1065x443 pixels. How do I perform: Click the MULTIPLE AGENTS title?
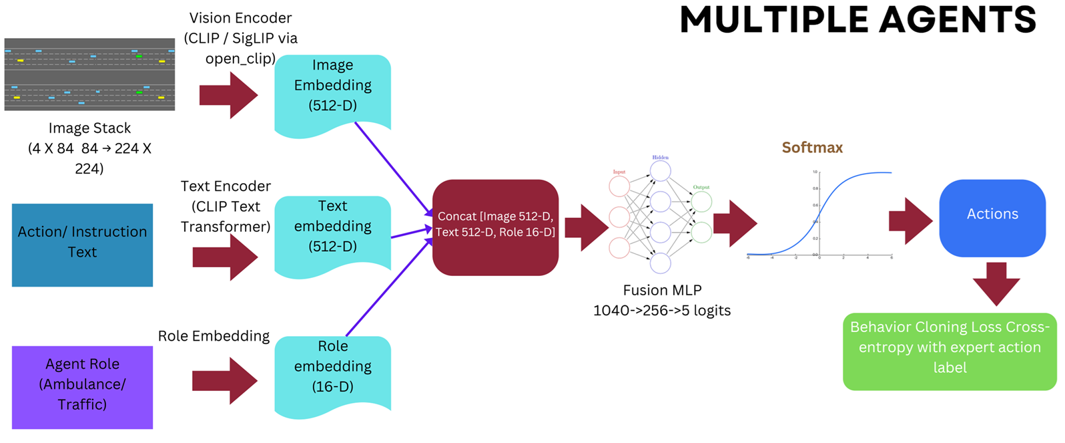857,19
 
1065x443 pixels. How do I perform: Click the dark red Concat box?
495,227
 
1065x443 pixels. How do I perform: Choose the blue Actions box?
992,216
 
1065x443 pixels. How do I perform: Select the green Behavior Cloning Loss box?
949,351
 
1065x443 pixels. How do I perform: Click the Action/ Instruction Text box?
82,245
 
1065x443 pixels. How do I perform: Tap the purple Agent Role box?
82,387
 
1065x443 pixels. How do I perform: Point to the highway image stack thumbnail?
89,74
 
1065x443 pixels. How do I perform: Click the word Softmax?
812,148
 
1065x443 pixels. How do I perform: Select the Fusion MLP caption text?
662,300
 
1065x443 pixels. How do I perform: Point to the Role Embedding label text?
214,336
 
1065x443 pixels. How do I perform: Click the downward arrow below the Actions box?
996,283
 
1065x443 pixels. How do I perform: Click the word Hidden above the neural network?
660,158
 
